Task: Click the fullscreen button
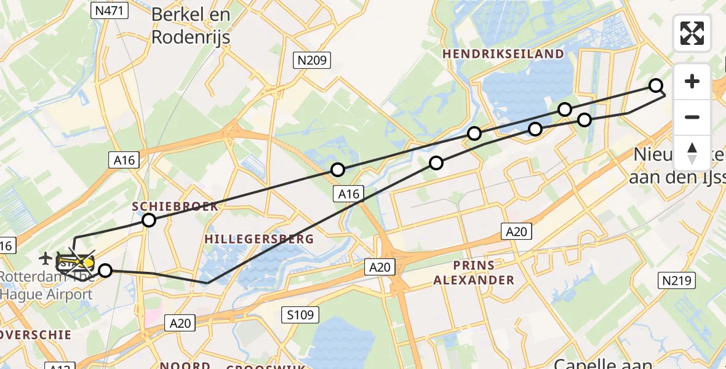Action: [x=692, y=33]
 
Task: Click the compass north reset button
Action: [x=692, y=153]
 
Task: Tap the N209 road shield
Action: [x=312, y=60]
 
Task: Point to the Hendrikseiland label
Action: [x=503, y=54]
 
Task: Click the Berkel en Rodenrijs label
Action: [x=190, y=26]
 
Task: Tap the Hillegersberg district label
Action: [x=259, y=239]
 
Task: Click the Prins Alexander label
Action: [x=474, y=273]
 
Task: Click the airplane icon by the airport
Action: [x=46, y=257]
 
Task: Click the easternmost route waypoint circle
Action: [x=656, y=85]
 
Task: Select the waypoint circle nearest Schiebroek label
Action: [x=149, y=220]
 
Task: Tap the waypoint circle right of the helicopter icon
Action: [x=106, y=271]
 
